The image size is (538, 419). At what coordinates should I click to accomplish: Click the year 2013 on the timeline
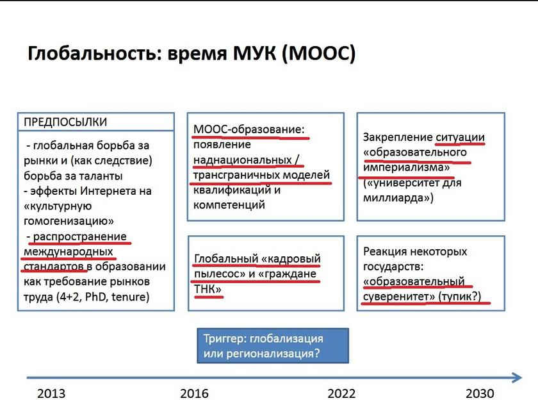tap(51, 393)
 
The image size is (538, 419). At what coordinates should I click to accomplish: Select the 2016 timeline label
tap(194, 393)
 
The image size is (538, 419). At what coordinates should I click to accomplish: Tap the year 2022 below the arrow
tap(341, 393)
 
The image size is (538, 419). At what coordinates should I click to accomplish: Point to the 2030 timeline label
tap(480, 393)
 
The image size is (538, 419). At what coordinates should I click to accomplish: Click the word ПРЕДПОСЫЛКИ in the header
tap(65, 122)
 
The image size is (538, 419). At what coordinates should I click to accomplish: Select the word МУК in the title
tap(254, 54)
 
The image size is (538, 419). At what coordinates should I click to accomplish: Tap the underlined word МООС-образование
tap(249, 129)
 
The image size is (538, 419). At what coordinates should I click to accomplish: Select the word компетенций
tap(229, 205)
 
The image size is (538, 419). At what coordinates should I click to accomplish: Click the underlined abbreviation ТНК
tap(208, 289)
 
